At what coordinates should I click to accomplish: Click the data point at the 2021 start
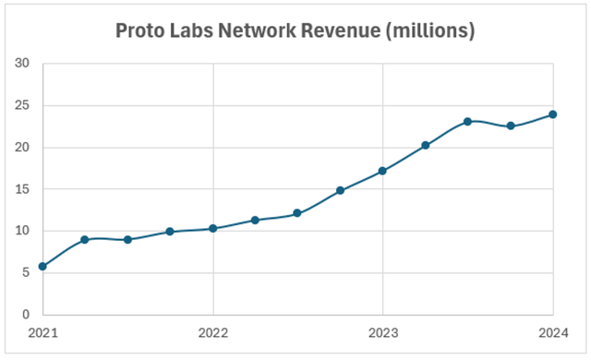(x=42, y=266)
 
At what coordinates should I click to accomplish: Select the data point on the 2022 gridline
(x=213, y=228)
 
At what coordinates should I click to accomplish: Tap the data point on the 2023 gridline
(x=383, y=171)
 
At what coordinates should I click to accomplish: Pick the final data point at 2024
(x=553, y=114)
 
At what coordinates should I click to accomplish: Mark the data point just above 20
(x=426, y=145)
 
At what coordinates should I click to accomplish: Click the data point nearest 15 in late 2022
(x=341, y=190)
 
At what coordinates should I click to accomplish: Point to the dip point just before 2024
(x=511, y=126)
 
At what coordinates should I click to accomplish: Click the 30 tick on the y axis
(x=22, y=64)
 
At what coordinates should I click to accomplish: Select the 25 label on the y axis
(x=22, y=105)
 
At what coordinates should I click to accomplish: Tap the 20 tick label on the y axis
(x=22, y=148)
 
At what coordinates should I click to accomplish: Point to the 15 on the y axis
(x=22, y=189)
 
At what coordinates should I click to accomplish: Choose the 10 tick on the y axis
(x=22, y=231)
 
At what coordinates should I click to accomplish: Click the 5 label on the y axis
(x=26, y=273)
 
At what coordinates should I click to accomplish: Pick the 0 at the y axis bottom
(x=26, y=315)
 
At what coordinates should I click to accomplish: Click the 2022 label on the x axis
(x=213, y=332)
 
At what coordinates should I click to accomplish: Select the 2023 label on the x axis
(x=383, y=332)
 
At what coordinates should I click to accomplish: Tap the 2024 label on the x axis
(x=553, y=332)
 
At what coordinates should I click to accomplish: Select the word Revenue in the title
(x=356, y=30)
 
